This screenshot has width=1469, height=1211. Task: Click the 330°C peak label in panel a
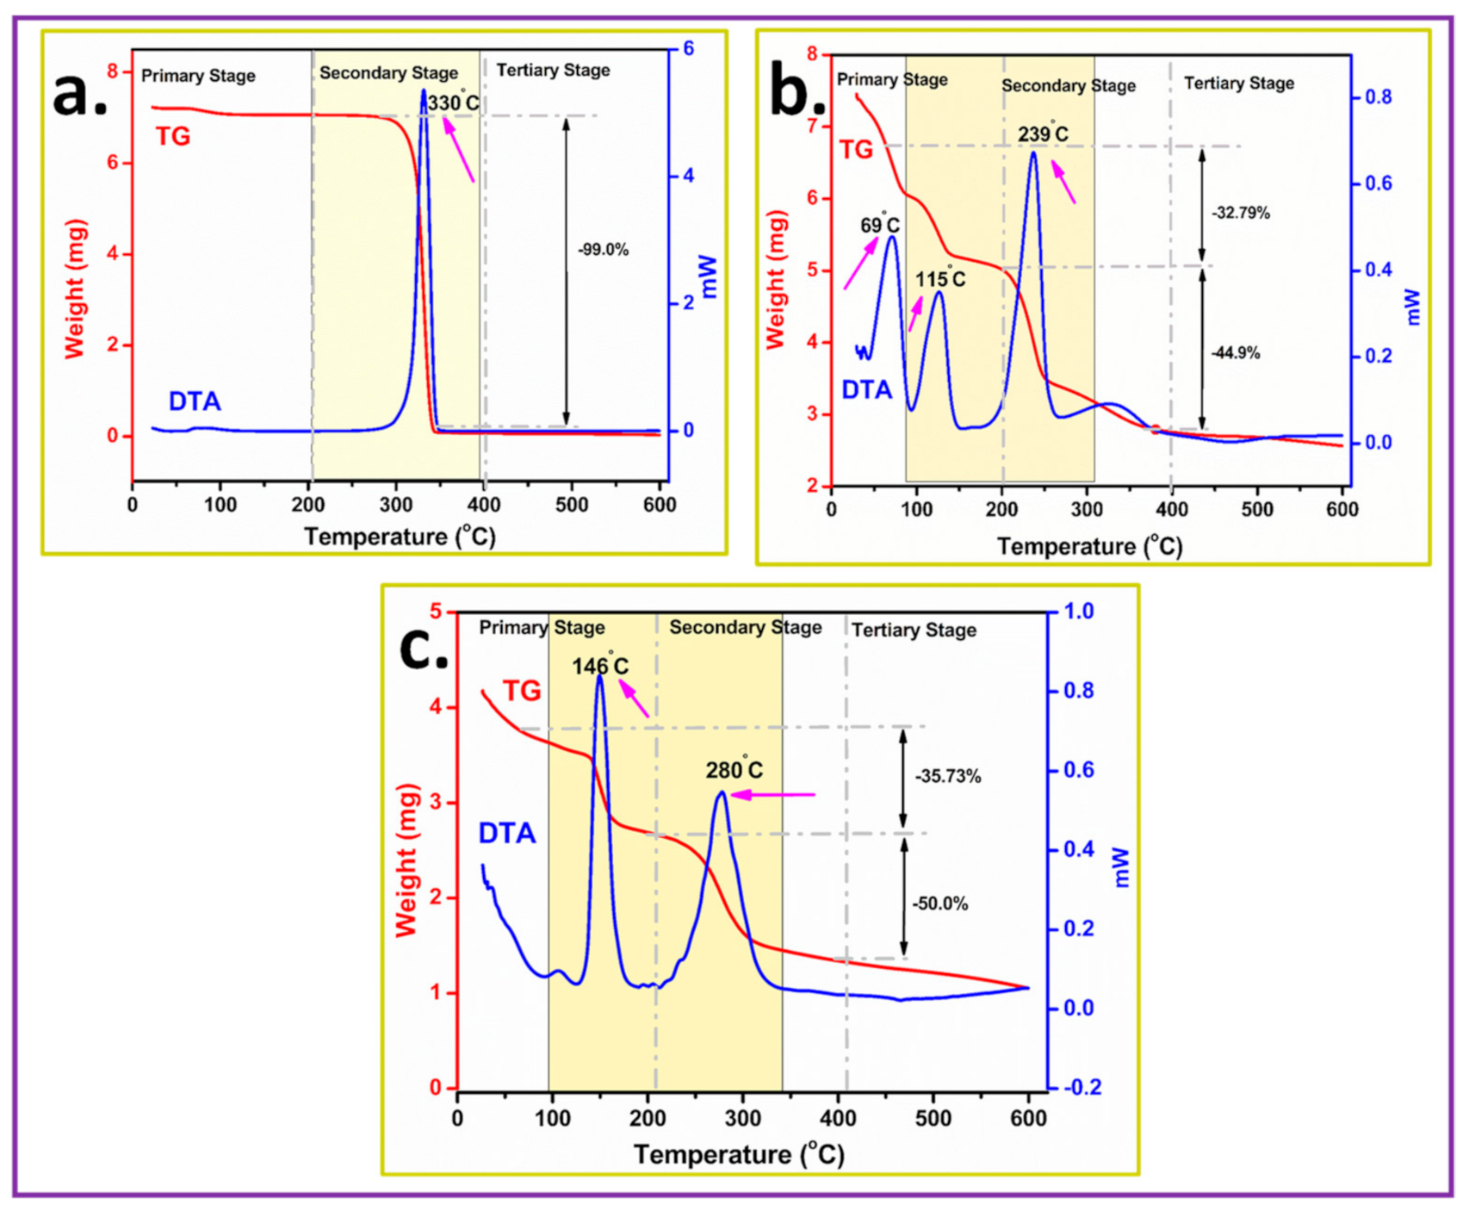pos(454,103)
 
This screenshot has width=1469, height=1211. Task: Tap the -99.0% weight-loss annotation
pos(603,251)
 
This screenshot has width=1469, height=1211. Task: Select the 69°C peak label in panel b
pos(880,226)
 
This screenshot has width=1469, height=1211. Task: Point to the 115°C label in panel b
pos(939,280)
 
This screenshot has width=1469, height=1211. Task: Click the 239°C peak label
pos(1043,134)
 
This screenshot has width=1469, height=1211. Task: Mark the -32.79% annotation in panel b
pos(1240,213)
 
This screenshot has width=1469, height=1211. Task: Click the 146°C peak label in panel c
pos(600,667)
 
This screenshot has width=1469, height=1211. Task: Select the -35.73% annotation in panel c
pos(947,777)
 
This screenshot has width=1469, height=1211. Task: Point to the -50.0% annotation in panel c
pos(940,904)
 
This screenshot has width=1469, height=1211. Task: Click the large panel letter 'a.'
pos(80,95)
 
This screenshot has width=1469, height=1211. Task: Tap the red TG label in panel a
pos(173,137)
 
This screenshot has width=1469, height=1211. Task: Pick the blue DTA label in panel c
pos(507,834)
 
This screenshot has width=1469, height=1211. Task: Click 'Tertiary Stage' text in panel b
pos(1238,84)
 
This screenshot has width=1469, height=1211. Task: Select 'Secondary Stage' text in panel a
pos(388,73)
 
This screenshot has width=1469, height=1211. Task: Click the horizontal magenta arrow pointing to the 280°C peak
pos(772,795)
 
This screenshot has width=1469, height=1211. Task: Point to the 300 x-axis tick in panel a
pos(396,506)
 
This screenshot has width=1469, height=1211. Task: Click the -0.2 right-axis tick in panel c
pos(1082,1089)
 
